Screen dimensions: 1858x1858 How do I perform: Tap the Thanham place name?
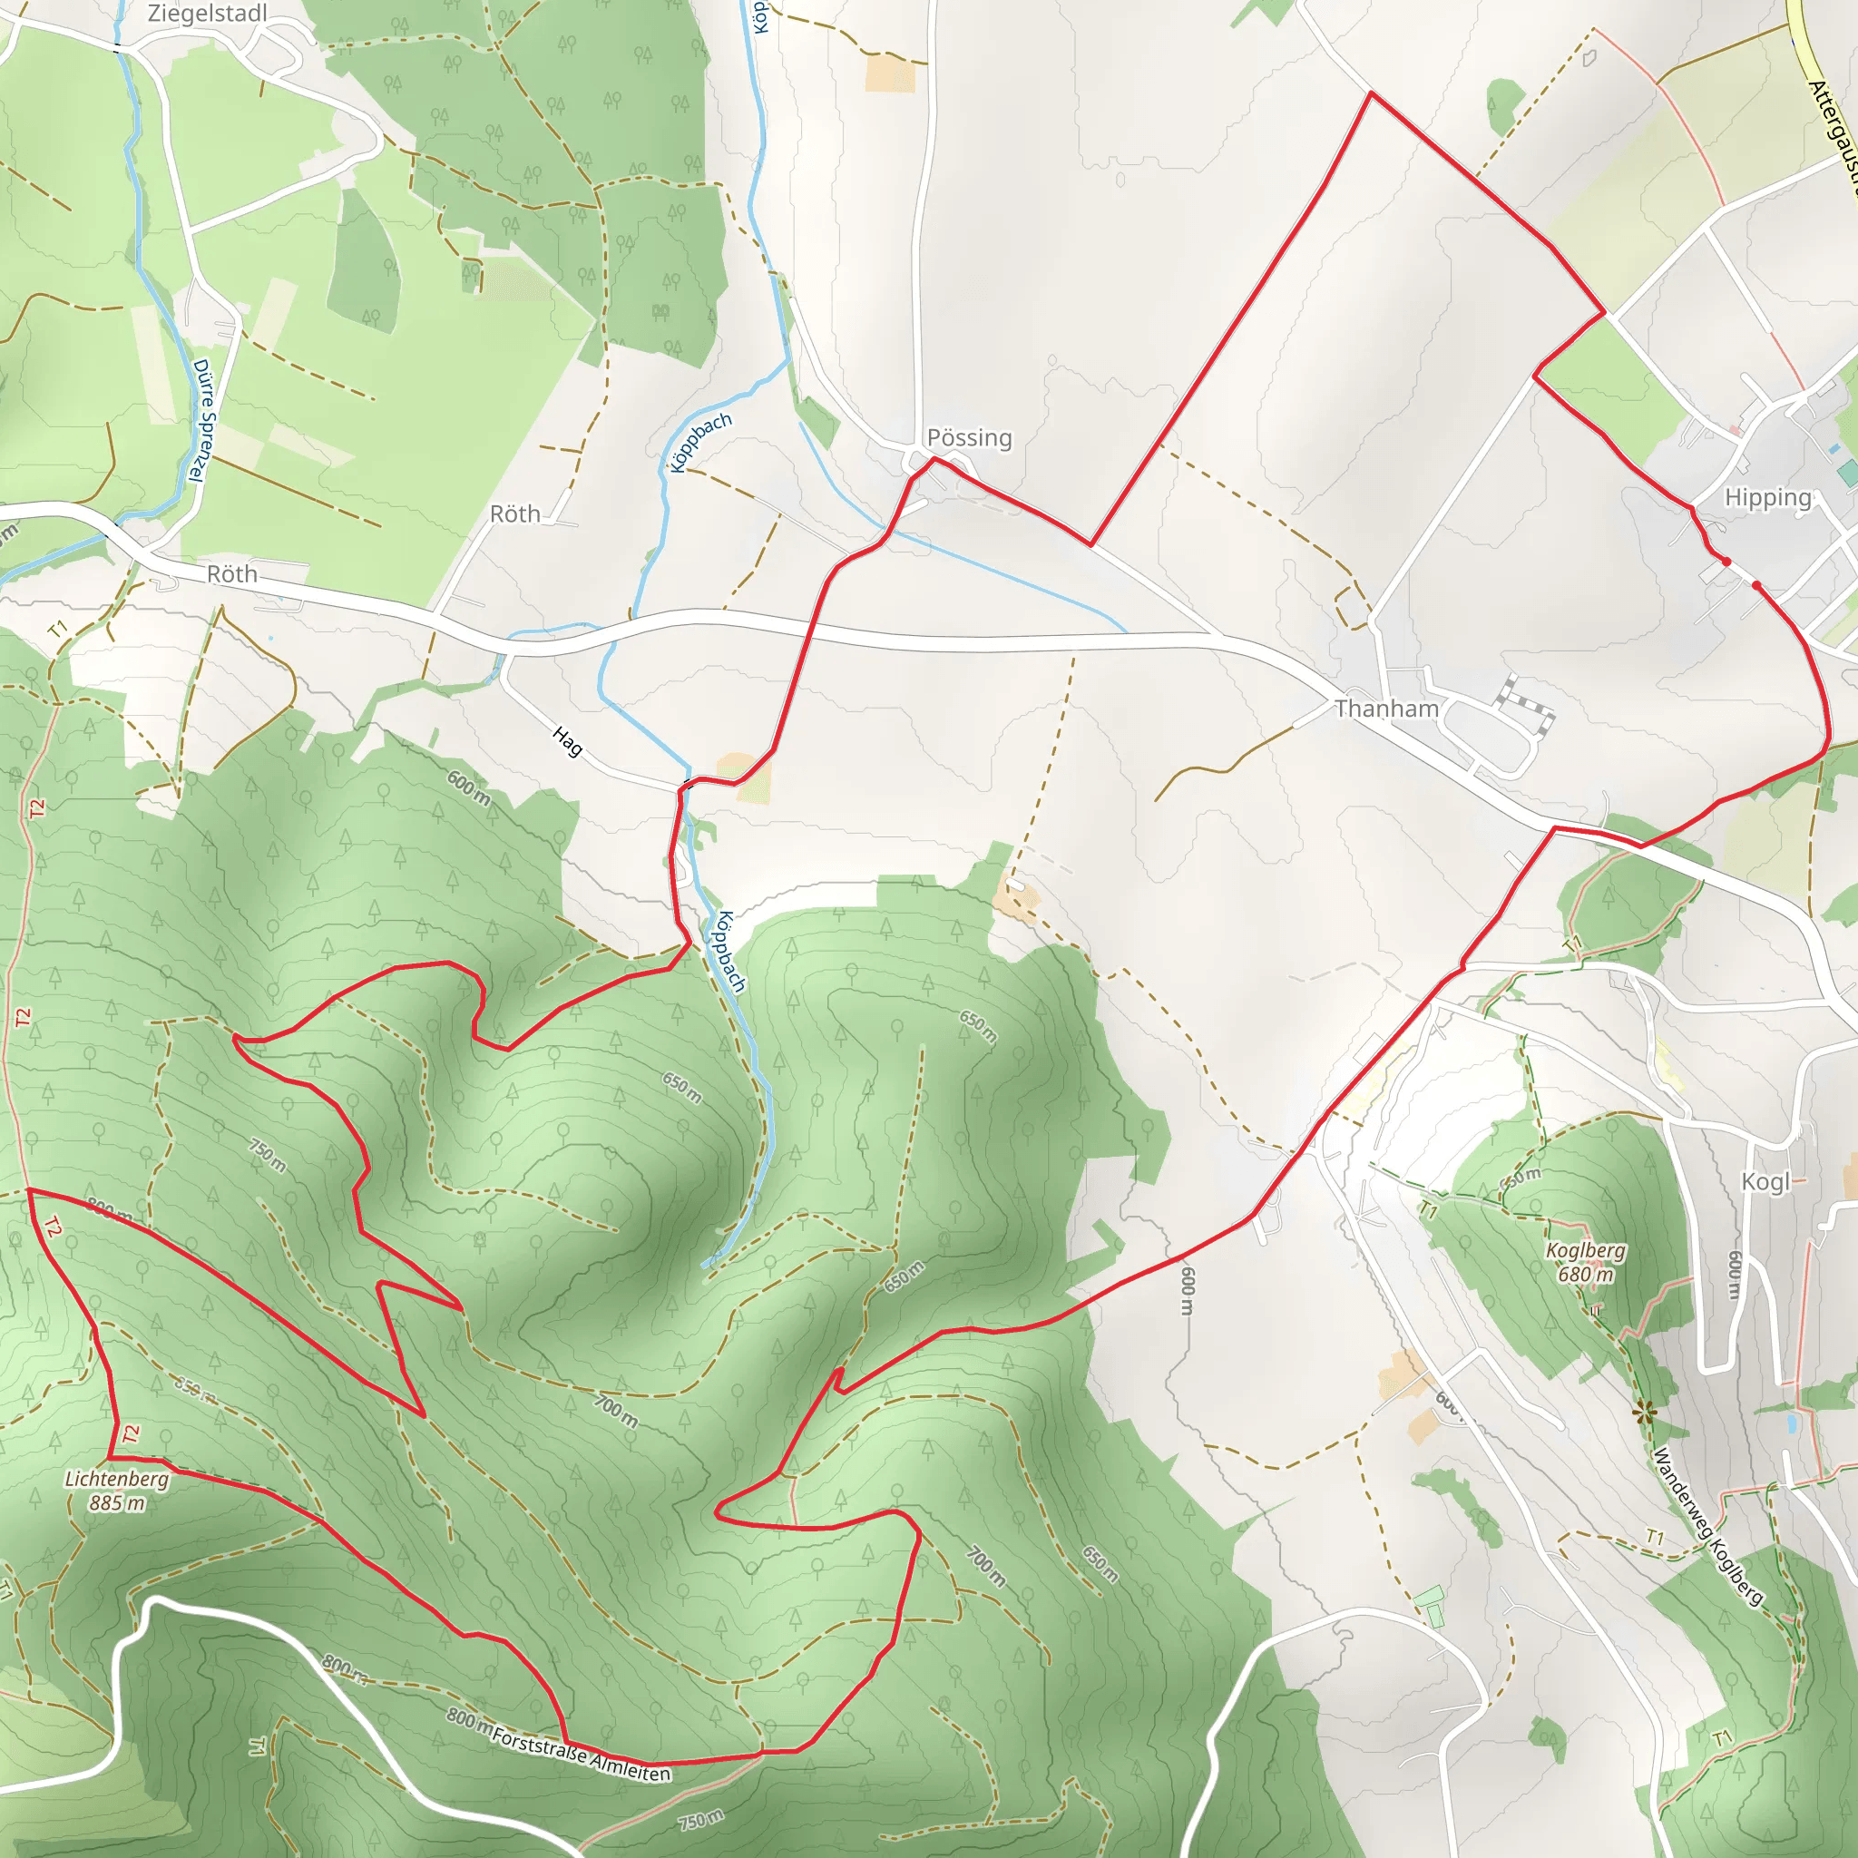[1386, 709]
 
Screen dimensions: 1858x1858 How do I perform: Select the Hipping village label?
[1767, 497]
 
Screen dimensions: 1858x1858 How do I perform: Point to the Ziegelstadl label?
[207, 14]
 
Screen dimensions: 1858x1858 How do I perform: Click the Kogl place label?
[1765, 1181]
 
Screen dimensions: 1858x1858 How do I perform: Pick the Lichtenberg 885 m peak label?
[116, 1491]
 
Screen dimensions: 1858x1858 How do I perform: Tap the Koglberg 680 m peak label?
[1586, 1262]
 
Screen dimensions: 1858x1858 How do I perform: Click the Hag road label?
[567, 741]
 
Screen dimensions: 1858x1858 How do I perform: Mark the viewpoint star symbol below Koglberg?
[1644, 1413]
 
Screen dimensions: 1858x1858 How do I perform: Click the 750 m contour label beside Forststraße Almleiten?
[700, 1820]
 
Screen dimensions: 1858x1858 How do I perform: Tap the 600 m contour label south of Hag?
[468, 788]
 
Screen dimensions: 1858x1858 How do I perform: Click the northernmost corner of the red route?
[1371, 93]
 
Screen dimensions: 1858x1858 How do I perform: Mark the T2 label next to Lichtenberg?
[131, 1436]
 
